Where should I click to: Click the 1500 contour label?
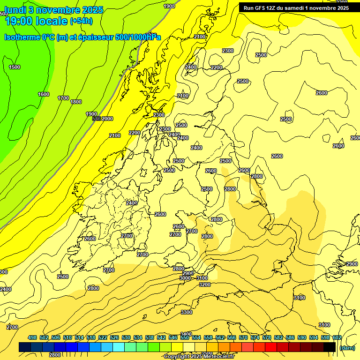(x=15, y=67)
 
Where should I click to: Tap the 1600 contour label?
(x=44, y=94)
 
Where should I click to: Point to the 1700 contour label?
(x=63, y=98)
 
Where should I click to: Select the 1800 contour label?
(x=76, y=102)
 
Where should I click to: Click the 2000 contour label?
(x=108, y=119)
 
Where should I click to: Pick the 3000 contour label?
(x=185, y=278)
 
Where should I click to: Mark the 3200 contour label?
(x=204, y=285)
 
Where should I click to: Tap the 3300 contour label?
(x=187, y=312)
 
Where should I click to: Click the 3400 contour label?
(x=186, y=334)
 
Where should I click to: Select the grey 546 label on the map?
(x=97, y=119)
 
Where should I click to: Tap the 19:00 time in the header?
(x=19, y=21)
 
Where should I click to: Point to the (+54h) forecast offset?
(x=81, y=21)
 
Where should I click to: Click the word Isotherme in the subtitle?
(x=22, y=37)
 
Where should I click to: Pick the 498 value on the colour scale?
(x=32, y=337)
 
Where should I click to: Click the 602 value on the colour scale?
(x=337, y=337)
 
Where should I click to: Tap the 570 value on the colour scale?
(x=243, y=337)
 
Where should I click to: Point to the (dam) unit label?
(x=347, y=347)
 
